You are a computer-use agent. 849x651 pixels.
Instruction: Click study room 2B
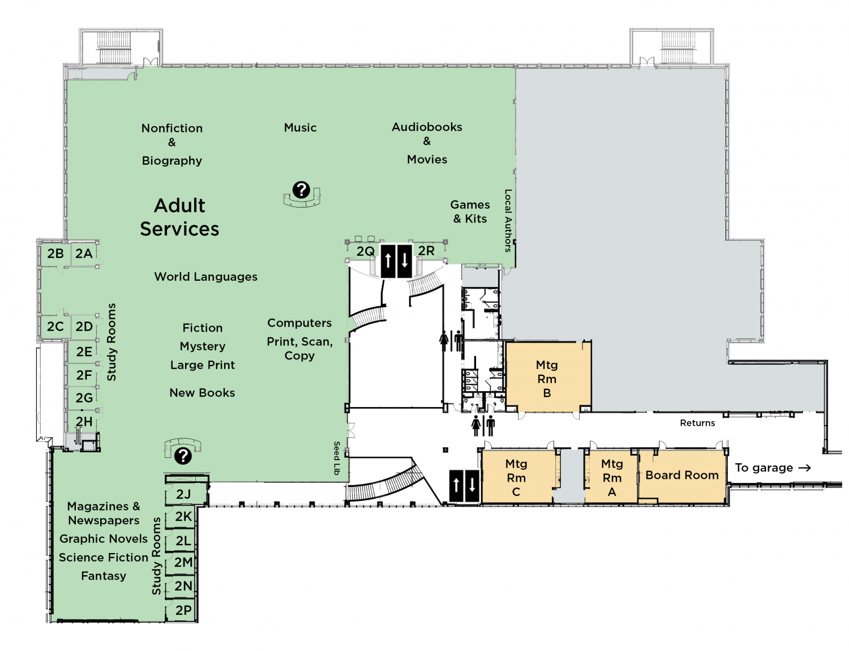[x=55, y=254]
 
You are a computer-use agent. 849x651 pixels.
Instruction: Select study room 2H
[x=84, y=422]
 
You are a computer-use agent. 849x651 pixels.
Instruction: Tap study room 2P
[x=183, y=610]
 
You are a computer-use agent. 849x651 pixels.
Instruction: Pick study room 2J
[x=183, y=494]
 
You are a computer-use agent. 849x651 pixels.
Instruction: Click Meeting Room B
[x=547, y=379]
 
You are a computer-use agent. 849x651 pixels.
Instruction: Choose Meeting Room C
[x=516, y=478]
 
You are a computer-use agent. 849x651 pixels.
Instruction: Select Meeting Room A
[x=612, y=478]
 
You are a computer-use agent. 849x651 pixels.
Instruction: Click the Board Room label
[x=682, y=476]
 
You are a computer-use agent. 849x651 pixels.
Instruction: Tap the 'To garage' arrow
[x=804, y=468]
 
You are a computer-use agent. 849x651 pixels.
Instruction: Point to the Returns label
[x=697, y=423]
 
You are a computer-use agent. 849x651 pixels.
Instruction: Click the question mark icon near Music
[x=301, y=190]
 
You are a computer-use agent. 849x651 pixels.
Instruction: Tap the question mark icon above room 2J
[x=183, y=456]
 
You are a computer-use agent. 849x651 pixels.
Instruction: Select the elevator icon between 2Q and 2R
[x=396, y=261]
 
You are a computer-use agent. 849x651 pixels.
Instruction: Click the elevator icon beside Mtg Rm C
[x=464, y=486]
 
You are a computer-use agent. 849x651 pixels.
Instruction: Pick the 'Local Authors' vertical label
[x=508, y=220]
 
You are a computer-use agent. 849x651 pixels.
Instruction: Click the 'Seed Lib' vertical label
[x=337, y=457]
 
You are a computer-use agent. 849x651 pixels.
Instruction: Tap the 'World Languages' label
[x=205, y=277]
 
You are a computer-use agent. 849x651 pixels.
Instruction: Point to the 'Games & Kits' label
[x=470, y=212]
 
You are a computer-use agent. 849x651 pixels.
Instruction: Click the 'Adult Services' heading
[x=179, y=217]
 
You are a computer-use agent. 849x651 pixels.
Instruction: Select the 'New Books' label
[x=202, y=393]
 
